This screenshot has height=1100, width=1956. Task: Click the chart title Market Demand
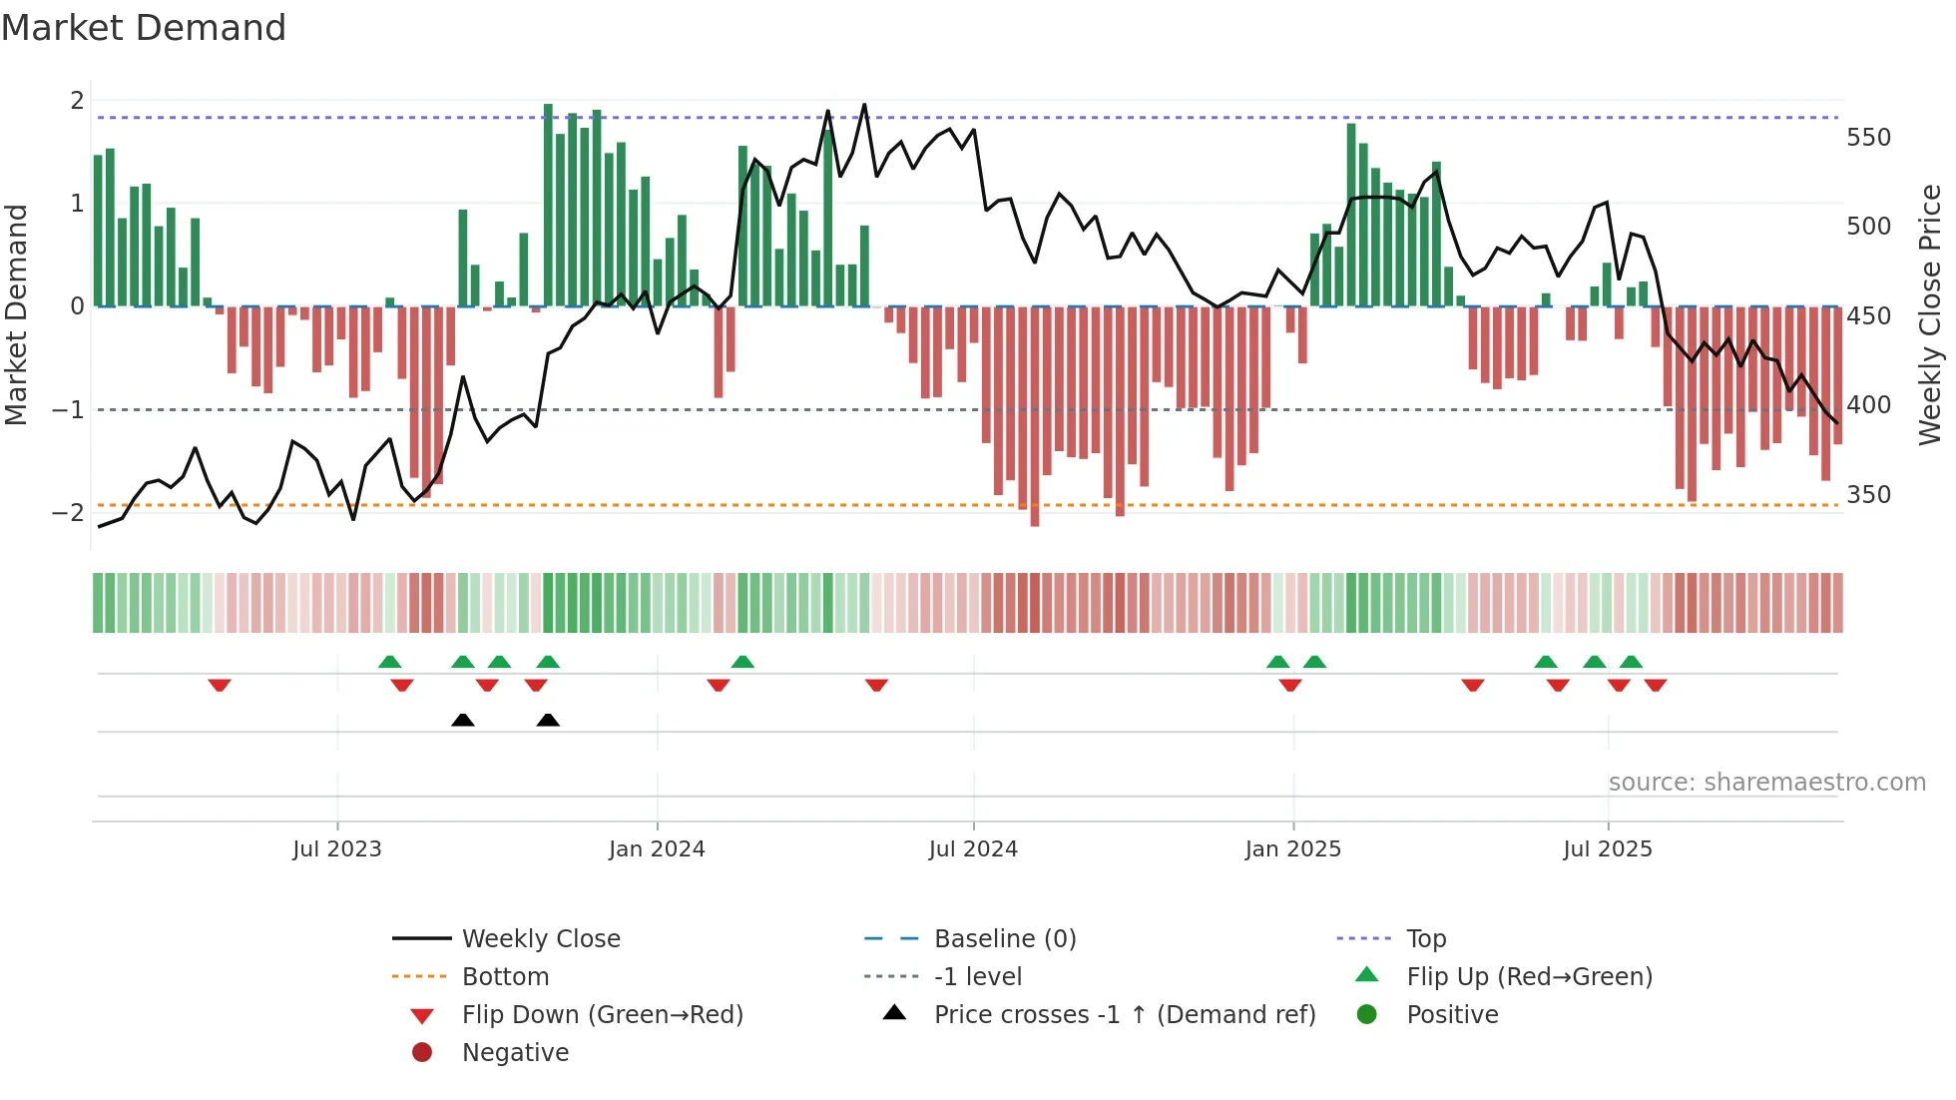(144, 28)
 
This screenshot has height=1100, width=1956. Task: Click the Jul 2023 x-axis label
(336, 849)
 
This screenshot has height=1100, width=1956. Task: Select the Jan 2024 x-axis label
(657, 849)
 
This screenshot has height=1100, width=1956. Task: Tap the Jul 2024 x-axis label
(973, 849)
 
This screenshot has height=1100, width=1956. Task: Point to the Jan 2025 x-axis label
(1292, 849)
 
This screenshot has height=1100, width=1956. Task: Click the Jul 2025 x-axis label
(1608, 849)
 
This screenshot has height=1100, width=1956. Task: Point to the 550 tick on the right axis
(1868, 138)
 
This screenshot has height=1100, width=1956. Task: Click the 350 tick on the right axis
(1868, 495)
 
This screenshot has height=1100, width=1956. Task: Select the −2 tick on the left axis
(68, 513)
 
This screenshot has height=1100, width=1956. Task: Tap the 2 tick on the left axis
(77, 101)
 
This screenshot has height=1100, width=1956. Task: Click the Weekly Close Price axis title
(1930, 314)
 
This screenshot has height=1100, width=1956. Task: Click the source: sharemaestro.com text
(1766, 783)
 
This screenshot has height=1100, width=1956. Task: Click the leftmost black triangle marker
(462, 720)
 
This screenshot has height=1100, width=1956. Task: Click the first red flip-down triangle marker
(220, 685)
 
